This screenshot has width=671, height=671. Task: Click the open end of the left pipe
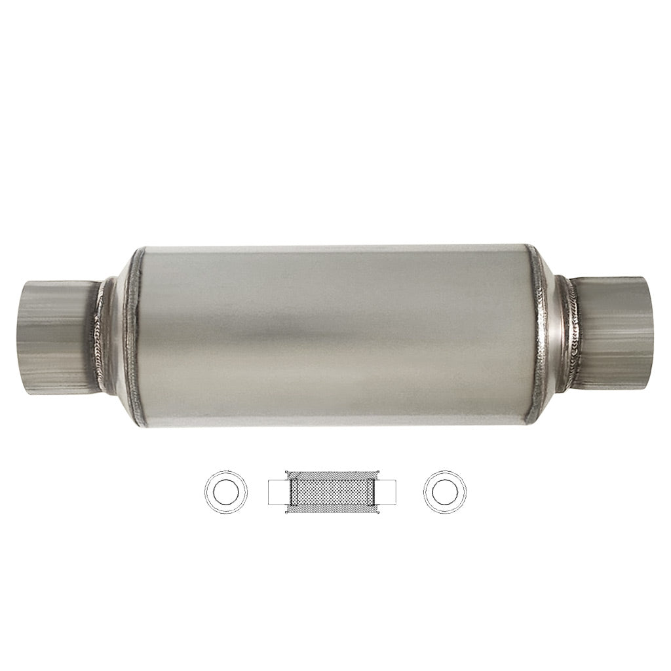coord(25,337)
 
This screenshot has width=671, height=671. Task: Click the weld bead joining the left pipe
coord(100,337)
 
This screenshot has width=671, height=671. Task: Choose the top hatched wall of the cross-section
coord(333,474)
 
